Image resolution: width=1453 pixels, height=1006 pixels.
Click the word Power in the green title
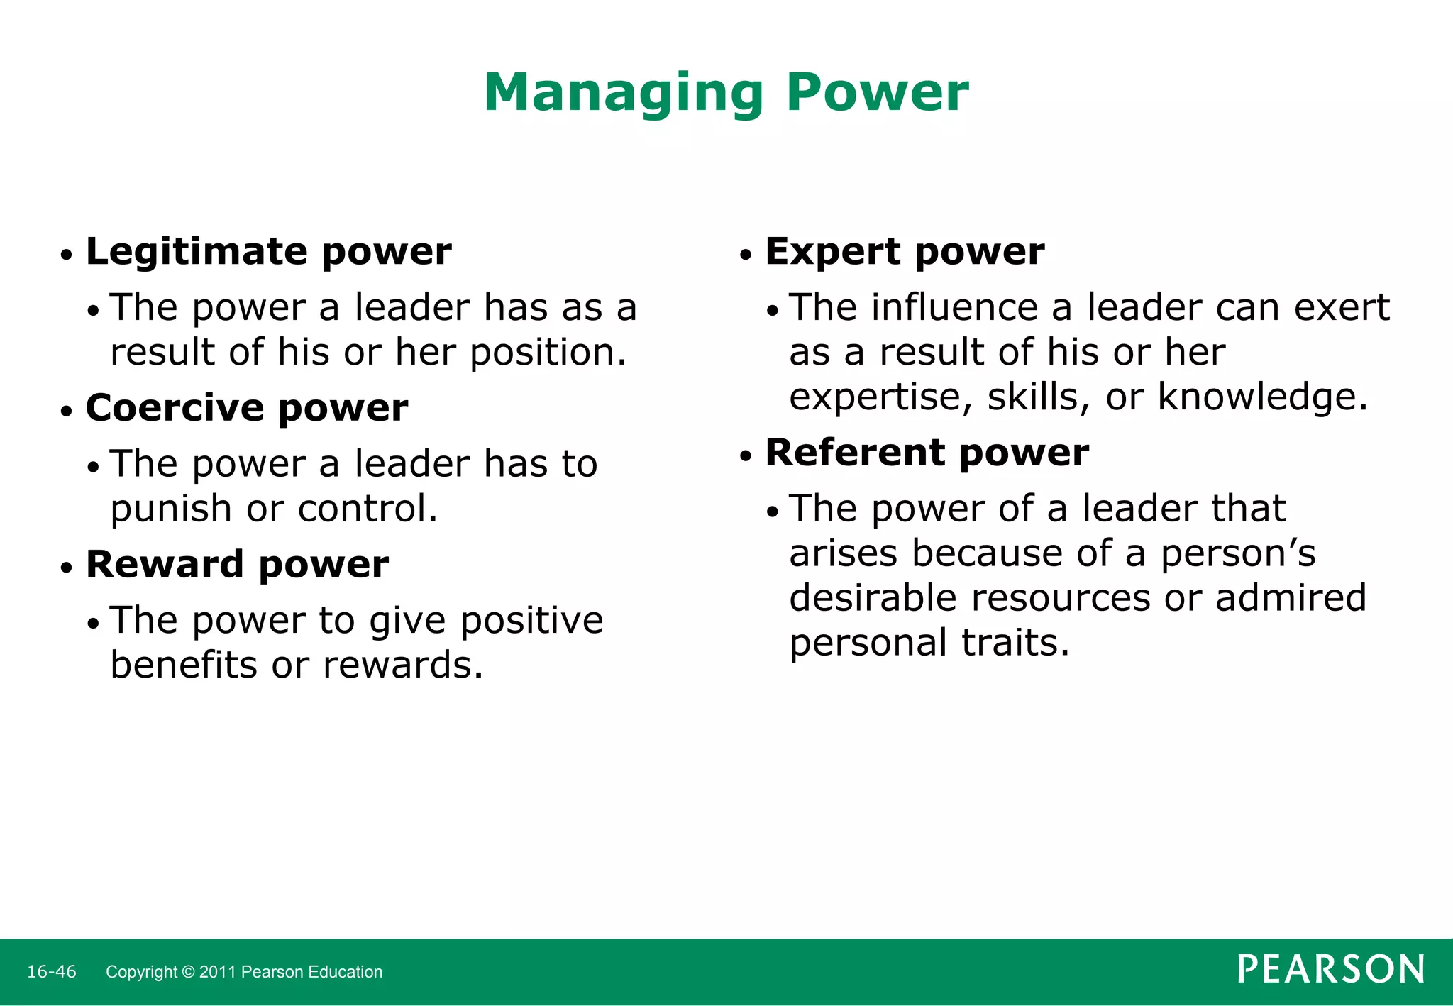tap(877, 93)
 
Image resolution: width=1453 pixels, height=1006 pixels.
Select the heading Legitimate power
tap(268, 252)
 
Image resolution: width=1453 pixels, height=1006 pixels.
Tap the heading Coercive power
tap(246, 408)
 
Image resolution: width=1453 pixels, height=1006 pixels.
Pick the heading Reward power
tap(237, 565)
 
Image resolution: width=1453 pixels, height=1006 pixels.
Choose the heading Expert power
tap(905, 252)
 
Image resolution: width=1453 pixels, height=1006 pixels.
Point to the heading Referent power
tap(927, 453)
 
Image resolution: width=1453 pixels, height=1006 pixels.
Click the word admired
tap(1291, 598)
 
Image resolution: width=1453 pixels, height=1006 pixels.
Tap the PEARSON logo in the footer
tap(1331, 970)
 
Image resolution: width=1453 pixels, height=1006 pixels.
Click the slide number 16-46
tap(51, 972)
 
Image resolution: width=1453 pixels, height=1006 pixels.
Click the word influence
tap(954, 308)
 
